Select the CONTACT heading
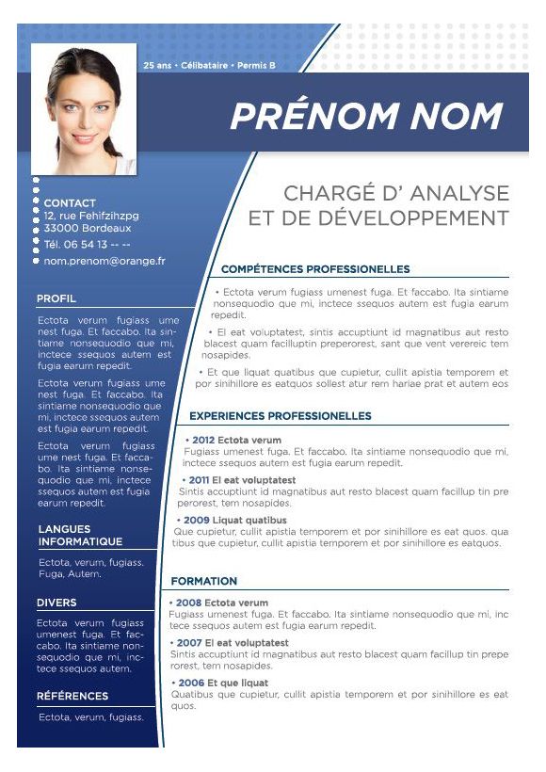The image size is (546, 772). [70, 202]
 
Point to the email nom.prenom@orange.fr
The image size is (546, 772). [104, 261]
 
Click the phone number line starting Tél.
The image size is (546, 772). [87, 244]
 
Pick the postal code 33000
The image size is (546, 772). [61, 228]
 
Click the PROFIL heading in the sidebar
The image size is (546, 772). [56, 298]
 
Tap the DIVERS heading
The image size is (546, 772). [56, 603]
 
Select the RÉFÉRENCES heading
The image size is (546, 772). [72, 697]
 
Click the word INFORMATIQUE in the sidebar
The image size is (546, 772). [80, 541]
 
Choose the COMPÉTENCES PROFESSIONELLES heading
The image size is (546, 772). [315, 269]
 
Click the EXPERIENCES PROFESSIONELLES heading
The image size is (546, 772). [281, 415]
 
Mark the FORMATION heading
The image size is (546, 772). [203, 581]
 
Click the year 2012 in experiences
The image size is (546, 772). [203, 440]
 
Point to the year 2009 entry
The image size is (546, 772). [196, 520]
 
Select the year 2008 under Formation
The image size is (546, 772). [188, 603]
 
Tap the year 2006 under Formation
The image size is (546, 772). [190, 683]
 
